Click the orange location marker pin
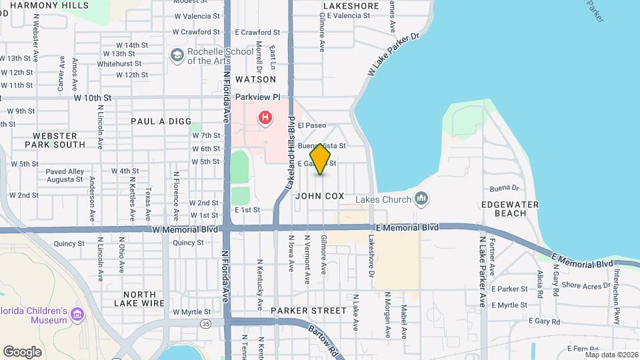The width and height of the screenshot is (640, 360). click(x=321, y=159)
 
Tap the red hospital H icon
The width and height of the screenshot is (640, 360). click(x=265, y=119)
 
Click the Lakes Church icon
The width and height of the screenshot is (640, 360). click(x=421, y=198)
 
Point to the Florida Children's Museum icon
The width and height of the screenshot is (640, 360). click(x=77, y=313)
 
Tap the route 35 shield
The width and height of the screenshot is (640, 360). click(x=205, y=323)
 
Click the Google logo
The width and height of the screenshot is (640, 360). click(x=22, y=351)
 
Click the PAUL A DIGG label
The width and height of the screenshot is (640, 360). click(x=157, y=121)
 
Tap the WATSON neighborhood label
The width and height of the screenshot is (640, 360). click(x=251, y=79)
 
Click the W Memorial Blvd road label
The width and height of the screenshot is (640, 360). click(x=185, y=229)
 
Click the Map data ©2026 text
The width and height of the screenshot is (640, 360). click(x=611, y=354)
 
